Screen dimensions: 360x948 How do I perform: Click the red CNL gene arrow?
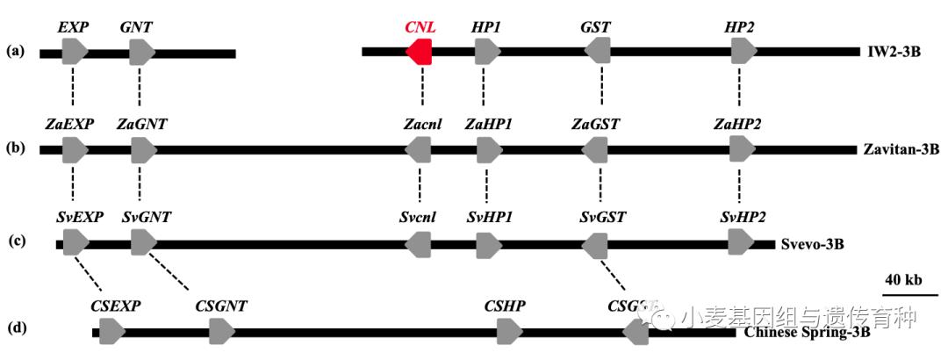pos(420,53)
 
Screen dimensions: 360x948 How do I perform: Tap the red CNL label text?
pos(420,27)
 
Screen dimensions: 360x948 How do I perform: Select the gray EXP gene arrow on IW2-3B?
pos(75,53)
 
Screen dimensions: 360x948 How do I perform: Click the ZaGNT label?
pos(140,125)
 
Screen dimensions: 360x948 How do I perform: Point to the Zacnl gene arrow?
pos(419,150)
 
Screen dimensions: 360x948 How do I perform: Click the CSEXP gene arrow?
pos(111,331)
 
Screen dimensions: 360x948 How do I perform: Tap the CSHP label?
pos(506,306)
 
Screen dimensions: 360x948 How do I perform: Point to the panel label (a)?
pos(16,51)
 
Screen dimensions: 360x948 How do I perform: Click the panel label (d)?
pos(16,329)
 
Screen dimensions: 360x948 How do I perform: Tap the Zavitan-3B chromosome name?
pos(902,150)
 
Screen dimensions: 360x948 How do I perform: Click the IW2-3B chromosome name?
pos(892,52)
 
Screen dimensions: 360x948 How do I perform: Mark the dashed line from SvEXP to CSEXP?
pos(90,273)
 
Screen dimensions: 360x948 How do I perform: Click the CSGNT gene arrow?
pos(222,331)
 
